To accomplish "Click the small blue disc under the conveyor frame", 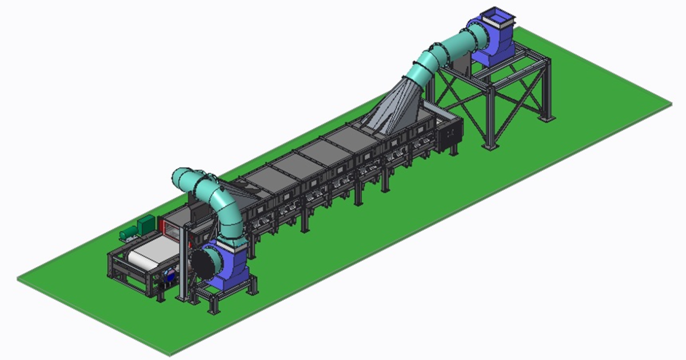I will (x=169, y=274).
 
